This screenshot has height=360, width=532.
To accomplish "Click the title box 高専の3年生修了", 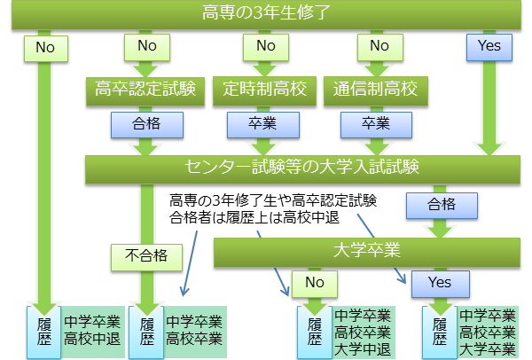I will coord(266,14).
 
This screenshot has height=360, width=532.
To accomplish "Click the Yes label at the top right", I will coord(489,45).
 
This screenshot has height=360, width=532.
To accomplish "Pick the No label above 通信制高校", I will coord(379,45).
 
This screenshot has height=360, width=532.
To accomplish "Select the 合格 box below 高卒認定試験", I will coord(146,125).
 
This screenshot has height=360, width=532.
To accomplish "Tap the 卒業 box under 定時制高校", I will coord(263,125).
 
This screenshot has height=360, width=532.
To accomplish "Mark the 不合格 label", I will coord(146,257).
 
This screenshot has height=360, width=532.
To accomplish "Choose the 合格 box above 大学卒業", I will coord(441,205).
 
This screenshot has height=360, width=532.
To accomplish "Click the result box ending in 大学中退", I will coord(363,332).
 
